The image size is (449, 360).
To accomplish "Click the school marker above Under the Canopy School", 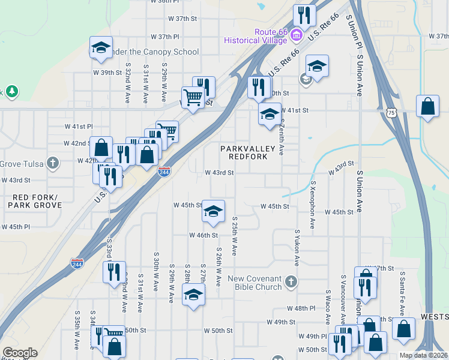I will pyautogui.click(x=101, y=47).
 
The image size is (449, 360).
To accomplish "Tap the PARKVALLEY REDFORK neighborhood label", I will pyautogui.click(x=247, y=152).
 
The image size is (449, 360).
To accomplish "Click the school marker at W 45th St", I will pyautogui.click(x=213, y=211).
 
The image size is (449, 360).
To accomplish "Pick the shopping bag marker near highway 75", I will pyautogui.click(x=427, y=107).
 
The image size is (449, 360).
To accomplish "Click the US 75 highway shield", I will pyautogui.click(x=391, y=112).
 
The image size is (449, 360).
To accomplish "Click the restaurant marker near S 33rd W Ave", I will pyautogui.click(x=113, y=272).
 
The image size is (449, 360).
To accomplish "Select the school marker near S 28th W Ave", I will pyautogui.click(x=193, y=294).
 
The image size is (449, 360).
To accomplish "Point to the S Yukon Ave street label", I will pyautogui.click(x=297, y=247).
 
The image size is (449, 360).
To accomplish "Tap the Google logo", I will pyautogui.click(x=20, y=353).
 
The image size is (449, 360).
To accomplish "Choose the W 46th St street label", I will pyautogui.click(x=203, y=235).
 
